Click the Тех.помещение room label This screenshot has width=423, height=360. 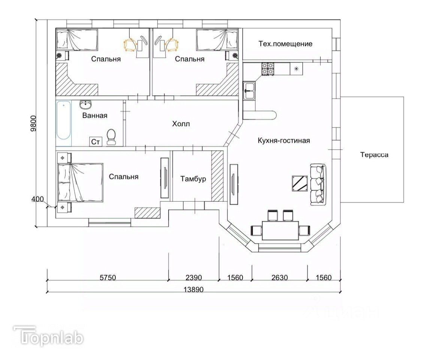click(x=285, y=44)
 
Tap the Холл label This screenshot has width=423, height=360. click(x=181, y=124)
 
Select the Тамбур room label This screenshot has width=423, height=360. click(x=193, y=179)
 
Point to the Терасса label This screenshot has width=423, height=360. click(x=374, y=155)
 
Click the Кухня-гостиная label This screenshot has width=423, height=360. click(x=284, y=140)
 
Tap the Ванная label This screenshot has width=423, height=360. click(x=95, y=115)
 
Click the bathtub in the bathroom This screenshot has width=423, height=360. click(x=64, y=120)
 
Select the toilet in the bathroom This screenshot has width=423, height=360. click(x=111, y=136)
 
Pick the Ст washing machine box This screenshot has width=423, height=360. click(x=96, y=141)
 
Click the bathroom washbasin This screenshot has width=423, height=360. click(x=86, y=104)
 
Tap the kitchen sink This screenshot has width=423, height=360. click(x=249, y=91)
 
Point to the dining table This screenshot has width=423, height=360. click(x=280, y=230)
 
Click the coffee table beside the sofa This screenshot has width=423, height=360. click(x=300, y=183)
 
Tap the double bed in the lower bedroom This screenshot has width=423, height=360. click(x=81, y=182)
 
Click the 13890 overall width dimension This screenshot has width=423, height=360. click(x=194, y=289)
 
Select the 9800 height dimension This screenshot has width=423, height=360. click(x=33, y=123)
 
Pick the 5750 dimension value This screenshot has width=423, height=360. click(x=108, y=277)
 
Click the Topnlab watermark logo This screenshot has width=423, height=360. click(x=49, y=336)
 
